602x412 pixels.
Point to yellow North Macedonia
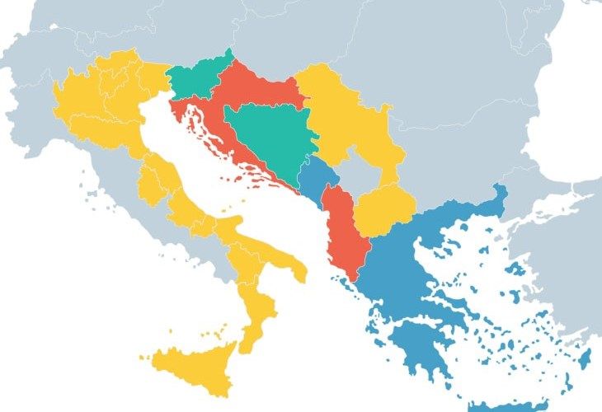pos(383,208)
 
